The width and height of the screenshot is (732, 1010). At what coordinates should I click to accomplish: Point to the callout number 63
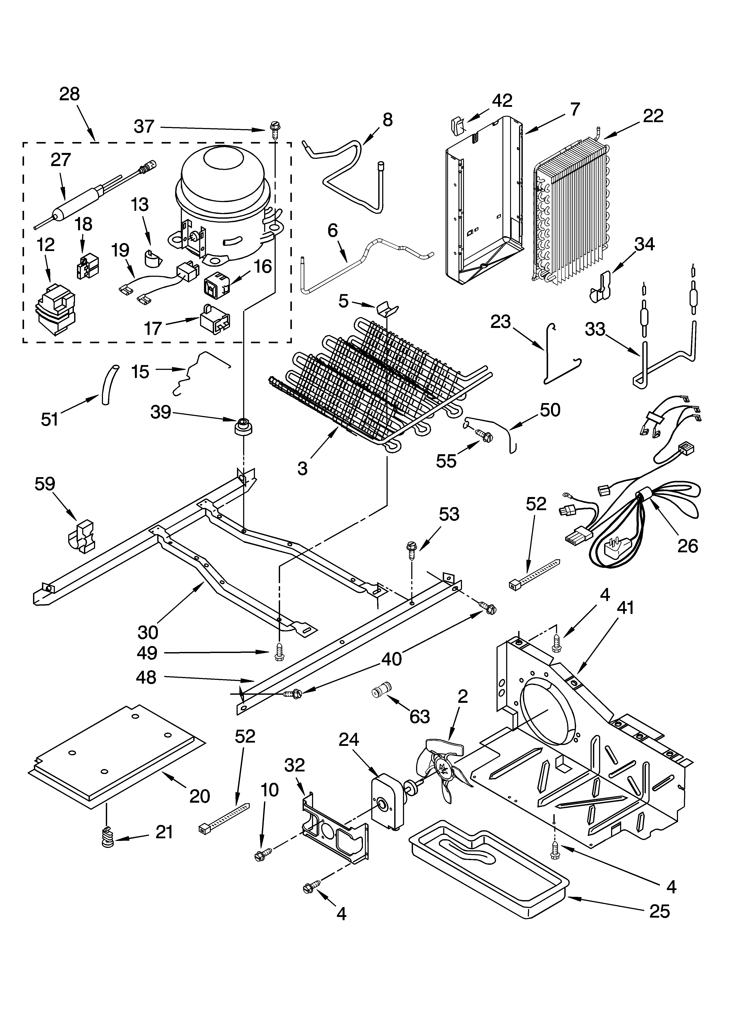click(419, 716)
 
